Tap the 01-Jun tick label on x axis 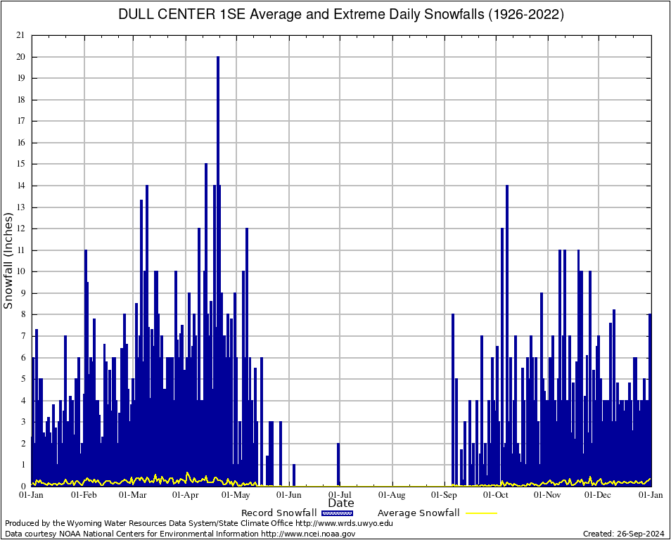click(x=290, y=495)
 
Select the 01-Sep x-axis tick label click(x=446, y=495)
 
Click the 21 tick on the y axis click(x=20, y=35)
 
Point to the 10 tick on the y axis click(x=20, y=271)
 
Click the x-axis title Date click(x=341, y=503)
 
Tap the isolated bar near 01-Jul click(x=338, y=465)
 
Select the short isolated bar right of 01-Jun click(x=294, y=475)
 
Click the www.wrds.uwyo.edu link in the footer click(x=344, y=523)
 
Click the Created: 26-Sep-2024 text click(x=624, y=534)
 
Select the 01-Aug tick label click(x=393, y=495)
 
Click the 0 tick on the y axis click(x=23, y=487)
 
